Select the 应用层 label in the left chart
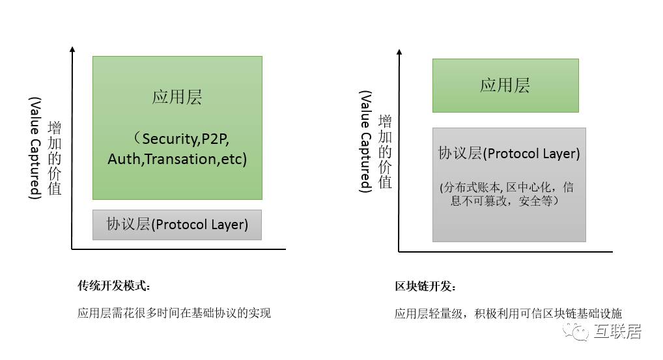tap(177, 98)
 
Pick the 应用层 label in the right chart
tap(505, 85)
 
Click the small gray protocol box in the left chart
tap(177, 225)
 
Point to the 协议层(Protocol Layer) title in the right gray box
tap(509, 154)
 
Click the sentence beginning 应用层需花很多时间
tap(174, 313)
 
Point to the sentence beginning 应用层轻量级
tap(513, 313)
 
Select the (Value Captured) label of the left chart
tap(35, 148)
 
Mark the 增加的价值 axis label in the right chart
tap(386, 152)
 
